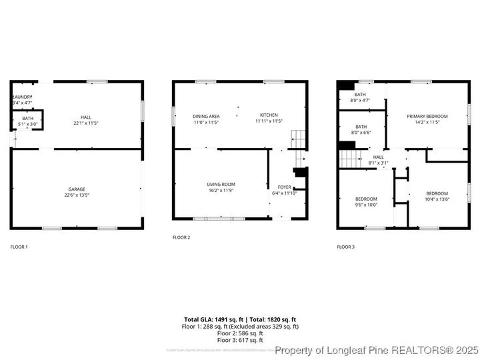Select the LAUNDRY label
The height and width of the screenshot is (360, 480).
[x=22, y=98]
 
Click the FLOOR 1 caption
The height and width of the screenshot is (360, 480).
[x=19, y=247]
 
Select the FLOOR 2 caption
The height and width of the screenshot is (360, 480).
[x=181, y=237]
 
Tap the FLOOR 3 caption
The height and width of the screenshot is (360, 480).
[x=345, y=247]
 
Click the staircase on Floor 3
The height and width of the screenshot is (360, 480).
[x=350, y=159]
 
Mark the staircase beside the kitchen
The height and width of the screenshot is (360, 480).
[x=299, y=140]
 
